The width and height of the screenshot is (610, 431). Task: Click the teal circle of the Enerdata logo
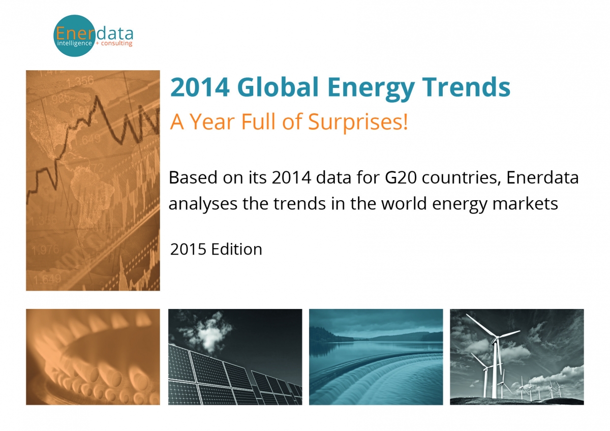coord(74,36)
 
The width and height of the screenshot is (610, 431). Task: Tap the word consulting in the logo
coord(116,44)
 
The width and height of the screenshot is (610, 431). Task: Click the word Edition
coord(238,249)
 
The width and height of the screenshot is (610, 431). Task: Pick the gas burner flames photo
coord(93,357)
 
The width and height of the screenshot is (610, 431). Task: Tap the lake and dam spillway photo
coord(376,357)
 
